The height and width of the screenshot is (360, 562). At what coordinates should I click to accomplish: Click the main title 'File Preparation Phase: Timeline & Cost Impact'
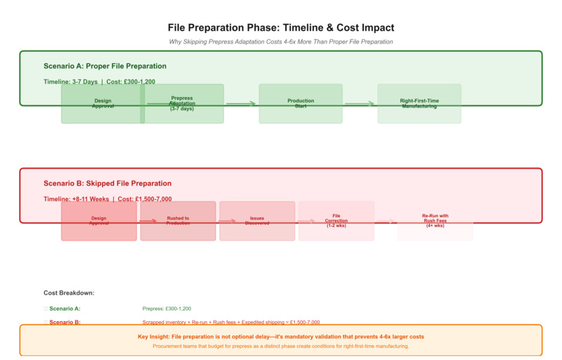[281, 27]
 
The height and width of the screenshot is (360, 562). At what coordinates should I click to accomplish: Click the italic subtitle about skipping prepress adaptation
[281, 41]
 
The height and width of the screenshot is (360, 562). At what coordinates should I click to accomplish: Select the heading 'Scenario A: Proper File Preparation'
[105, 66]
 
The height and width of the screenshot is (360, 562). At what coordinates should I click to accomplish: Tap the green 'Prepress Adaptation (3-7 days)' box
[183, 103]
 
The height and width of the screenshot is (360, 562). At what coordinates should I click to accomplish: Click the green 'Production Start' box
[301, 103]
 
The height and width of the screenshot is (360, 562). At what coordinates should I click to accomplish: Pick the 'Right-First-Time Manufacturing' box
[419, 103]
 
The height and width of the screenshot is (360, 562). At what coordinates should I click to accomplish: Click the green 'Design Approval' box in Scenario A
[102, 103]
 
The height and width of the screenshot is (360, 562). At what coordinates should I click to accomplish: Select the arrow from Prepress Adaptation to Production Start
[241, 103]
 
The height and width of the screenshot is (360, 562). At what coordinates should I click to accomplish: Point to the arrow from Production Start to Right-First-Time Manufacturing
[360, 103]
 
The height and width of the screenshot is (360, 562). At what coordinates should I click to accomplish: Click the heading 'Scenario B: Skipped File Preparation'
[107, 184]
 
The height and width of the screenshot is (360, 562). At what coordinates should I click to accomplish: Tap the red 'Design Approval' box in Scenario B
[99, 221]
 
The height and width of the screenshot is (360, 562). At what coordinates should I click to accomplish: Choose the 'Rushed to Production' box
[178, 221]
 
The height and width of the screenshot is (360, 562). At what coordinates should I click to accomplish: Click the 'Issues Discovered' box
[257, 221]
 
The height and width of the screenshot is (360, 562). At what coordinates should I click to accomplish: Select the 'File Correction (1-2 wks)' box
[336, 221]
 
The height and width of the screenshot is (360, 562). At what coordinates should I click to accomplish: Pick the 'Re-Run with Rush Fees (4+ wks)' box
[435, 221]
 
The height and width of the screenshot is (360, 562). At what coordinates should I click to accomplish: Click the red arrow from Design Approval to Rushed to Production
[148, 221]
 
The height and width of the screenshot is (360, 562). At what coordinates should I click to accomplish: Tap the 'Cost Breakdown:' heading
[69, 292]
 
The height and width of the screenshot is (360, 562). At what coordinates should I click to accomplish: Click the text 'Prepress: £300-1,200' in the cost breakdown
[166, 308]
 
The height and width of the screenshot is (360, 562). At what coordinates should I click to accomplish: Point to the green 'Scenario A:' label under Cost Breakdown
[65, 308]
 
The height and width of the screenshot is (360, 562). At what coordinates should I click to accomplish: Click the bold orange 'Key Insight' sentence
[281, 336]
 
